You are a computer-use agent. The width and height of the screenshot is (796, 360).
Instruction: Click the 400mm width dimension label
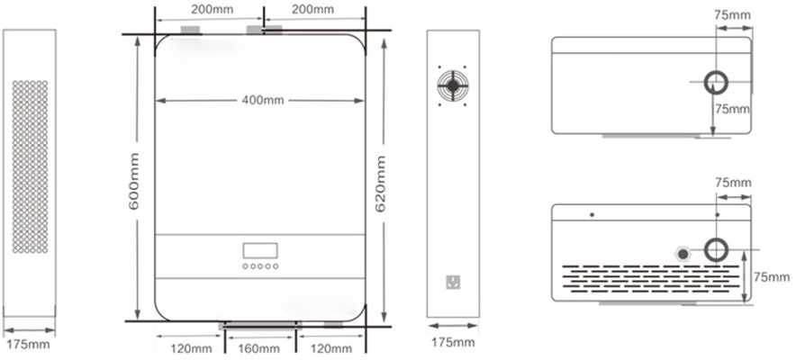[263, 100]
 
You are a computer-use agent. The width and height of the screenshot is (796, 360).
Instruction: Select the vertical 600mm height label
[134, 181]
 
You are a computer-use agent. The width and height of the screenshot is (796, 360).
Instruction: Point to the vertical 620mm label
[380, 184]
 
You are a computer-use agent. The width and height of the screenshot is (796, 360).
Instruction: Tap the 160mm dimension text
[258, 348]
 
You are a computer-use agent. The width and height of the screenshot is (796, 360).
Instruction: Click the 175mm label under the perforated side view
[29, 345]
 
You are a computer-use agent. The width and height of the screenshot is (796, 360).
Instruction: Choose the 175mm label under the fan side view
[453, 342]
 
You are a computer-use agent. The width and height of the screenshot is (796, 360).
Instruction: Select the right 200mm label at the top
[312, 9]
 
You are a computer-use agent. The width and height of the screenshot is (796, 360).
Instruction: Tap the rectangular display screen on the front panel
[260, 250]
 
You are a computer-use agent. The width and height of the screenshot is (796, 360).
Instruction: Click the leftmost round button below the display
[245, 266]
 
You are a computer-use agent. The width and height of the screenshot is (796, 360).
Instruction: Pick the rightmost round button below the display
[276, 266]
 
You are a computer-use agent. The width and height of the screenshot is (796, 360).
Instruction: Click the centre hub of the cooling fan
[453, 85]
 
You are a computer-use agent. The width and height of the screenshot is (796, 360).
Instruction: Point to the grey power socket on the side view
[453, 282]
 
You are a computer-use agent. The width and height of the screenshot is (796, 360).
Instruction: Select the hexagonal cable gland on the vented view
[683, 254]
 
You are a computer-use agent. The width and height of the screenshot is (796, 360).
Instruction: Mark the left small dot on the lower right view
[592, 214]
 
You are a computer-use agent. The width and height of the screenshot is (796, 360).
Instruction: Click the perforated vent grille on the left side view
[30, 166]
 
